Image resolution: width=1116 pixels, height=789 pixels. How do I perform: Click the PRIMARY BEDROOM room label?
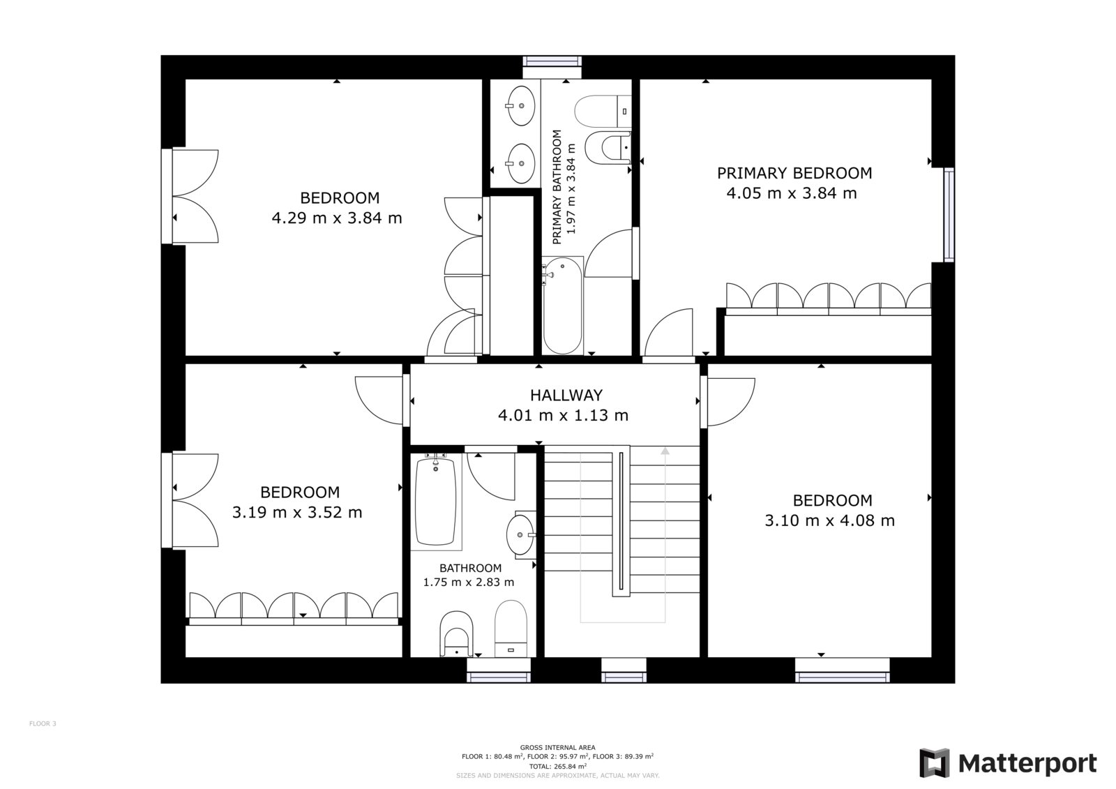[794, 173]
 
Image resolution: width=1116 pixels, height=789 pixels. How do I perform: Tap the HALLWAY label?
[566, 396]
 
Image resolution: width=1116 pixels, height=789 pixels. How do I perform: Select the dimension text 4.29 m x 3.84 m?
[337, 218]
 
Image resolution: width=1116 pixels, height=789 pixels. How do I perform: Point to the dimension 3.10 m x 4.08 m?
[829, 521]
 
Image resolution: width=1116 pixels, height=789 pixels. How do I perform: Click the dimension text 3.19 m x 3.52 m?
[297, 512]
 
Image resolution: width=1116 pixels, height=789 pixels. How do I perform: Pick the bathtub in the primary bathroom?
[562, 306]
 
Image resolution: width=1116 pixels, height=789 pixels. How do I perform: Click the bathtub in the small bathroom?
[436, 502]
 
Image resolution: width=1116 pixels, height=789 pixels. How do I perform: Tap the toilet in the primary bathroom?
[603, 111]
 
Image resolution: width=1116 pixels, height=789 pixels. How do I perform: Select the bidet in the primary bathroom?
[608, 148]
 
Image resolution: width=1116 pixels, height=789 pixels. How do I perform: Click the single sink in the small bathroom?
[520, 535]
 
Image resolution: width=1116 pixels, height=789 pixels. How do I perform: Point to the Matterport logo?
[1008, 763]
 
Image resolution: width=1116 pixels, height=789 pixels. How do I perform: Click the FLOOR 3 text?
[43, 723]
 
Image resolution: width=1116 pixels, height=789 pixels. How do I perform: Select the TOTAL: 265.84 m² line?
[557, 766]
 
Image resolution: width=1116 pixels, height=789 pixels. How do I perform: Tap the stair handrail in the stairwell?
[621, 521]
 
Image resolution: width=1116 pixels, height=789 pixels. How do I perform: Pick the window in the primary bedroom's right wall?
[949, 215]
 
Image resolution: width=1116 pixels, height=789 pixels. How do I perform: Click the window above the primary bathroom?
[552, 61]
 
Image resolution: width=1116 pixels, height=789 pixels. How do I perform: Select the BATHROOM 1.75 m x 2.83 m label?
[469, 575]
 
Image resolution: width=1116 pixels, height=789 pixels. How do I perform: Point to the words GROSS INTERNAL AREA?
[557, 748]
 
